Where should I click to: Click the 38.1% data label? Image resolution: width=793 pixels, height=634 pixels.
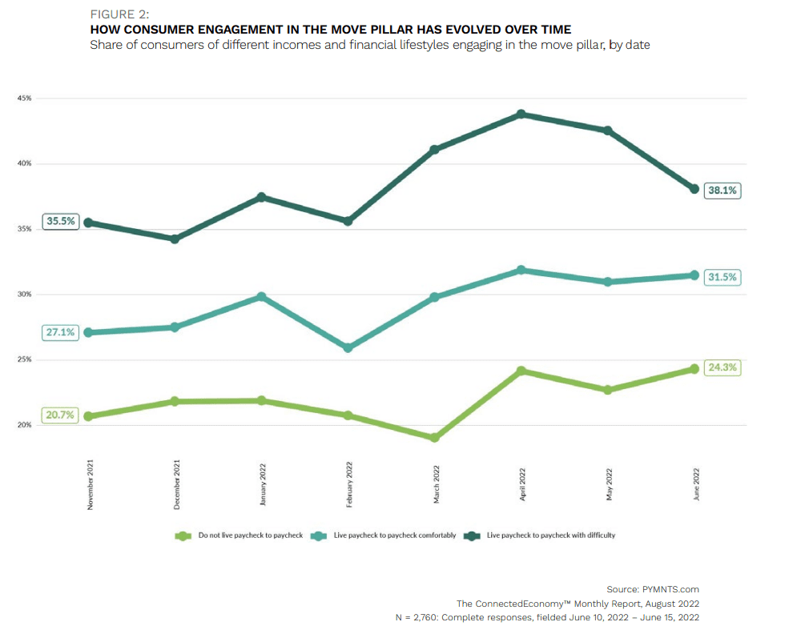click(723, 191)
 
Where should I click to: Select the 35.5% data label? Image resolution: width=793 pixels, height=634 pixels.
click(61, 222)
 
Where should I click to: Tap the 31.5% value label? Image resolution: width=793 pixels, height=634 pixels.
click(723, 276)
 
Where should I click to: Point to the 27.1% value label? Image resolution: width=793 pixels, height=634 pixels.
click(61, 332)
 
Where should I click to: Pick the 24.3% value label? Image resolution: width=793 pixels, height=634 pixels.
click(723, 368)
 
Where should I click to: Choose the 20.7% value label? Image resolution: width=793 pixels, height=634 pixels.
click(61, 415)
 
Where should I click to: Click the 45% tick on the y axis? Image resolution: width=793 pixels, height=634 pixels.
click(24, 98)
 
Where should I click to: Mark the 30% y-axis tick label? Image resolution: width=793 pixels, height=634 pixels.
click(24, 295)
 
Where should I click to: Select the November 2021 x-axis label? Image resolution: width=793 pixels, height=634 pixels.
click(91, 484)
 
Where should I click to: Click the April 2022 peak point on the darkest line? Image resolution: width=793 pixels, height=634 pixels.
click(521, 114)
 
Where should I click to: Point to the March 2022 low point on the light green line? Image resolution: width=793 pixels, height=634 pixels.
click(434, 438)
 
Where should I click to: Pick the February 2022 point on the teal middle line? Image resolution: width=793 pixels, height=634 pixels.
click(348, 348)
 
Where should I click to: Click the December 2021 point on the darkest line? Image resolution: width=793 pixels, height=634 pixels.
click(175, 239)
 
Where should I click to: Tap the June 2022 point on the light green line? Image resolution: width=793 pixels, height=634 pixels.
click(694, 369)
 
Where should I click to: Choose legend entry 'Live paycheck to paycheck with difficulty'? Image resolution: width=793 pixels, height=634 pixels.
click(551, 535)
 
